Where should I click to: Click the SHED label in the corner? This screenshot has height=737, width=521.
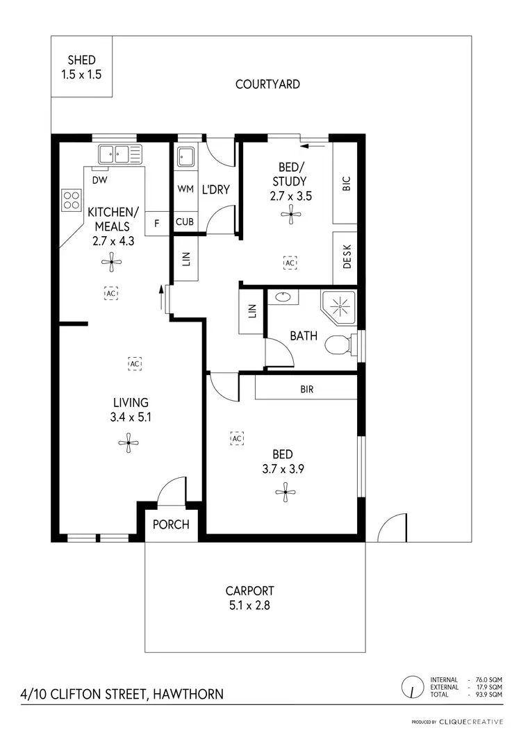tap(81, 60)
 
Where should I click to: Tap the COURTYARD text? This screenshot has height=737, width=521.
tap(267, 84)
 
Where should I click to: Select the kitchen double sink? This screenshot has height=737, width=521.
tap(119, 154)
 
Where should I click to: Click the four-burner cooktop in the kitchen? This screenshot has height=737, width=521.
tap(72, 200)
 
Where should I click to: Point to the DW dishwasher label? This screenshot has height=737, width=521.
tap(99, 179)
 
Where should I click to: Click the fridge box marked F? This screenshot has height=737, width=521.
tap(156, 223)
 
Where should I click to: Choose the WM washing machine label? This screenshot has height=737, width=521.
tap(185, 189)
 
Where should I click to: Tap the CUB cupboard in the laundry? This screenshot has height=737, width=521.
tap(185, 222)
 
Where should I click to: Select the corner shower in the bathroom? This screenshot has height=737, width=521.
tap(338, 306)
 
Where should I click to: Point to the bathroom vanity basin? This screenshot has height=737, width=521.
tap(283, 297)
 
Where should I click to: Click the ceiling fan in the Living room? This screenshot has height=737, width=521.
tap(127, 442)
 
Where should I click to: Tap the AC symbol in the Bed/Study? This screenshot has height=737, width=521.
tap(290, 263)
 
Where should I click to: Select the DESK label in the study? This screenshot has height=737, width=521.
tap(347, 257)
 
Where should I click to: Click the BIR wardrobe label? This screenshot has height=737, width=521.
tap(306, 390)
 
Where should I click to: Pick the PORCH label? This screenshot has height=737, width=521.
tap(171, 524)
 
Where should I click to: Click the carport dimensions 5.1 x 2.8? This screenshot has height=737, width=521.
tap(247, 605)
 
